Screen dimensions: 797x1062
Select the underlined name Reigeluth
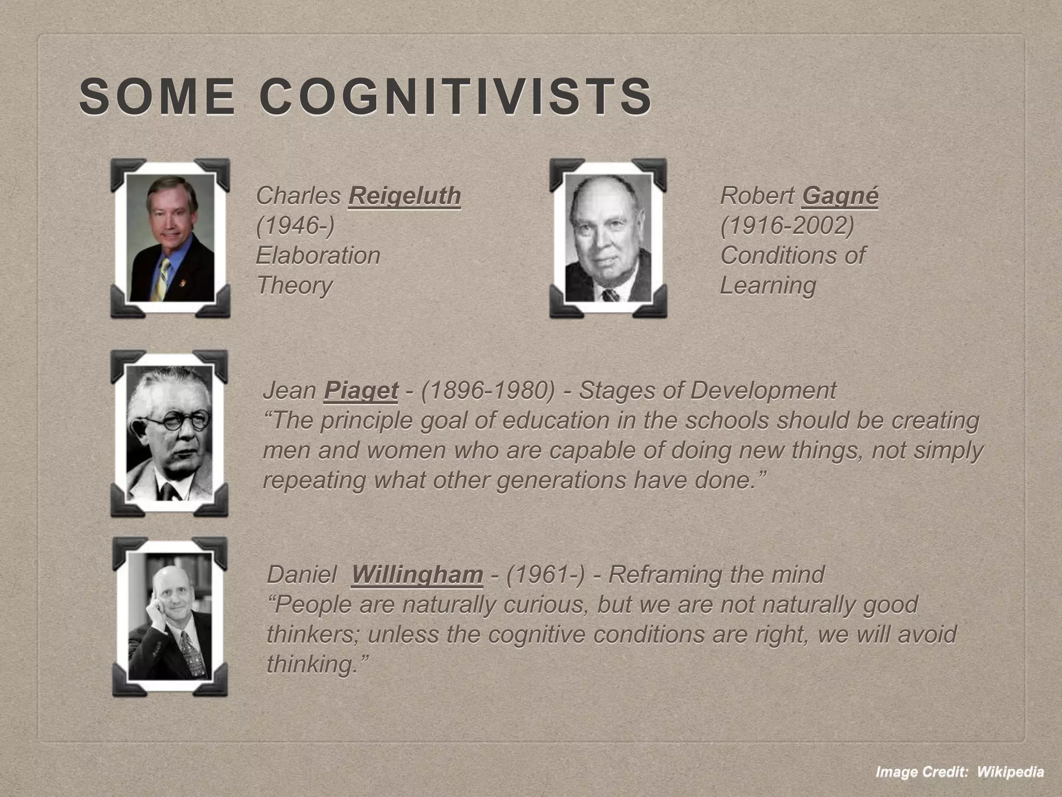(x=404, y=196)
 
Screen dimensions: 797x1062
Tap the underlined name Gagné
(x=840, y=196)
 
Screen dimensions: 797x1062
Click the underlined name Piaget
(x=361, y=390)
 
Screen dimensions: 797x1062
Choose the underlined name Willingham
(x=417, y=574)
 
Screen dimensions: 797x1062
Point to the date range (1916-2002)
(x=787, y=226)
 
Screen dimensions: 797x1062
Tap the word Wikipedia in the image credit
(x=1010, y=772)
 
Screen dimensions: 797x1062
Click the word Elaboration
(x=318, y=255)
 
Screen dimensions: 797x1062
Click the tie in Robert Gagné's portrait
(x=610, y=295)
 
